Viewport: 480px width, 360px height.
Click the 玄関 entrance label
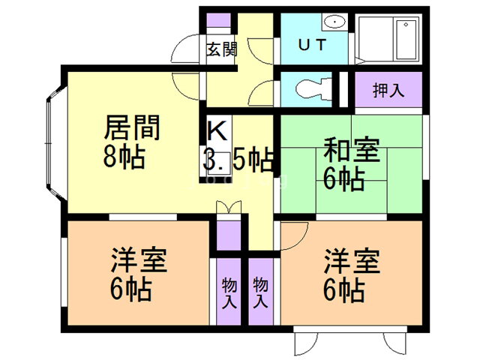[x=221, y=50]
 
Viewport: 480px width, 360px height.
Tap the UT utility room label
[x=313, y=44]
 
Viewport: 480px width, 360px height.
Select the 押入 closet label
[x=388, y=90]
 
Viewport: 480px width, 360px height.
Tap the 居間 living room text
[x=132, y=128]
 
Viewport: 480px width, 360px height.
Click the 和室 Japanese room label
[x=351, y=149]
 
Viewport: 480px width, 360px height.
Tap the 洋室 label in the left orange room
[x=138, y=260]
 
